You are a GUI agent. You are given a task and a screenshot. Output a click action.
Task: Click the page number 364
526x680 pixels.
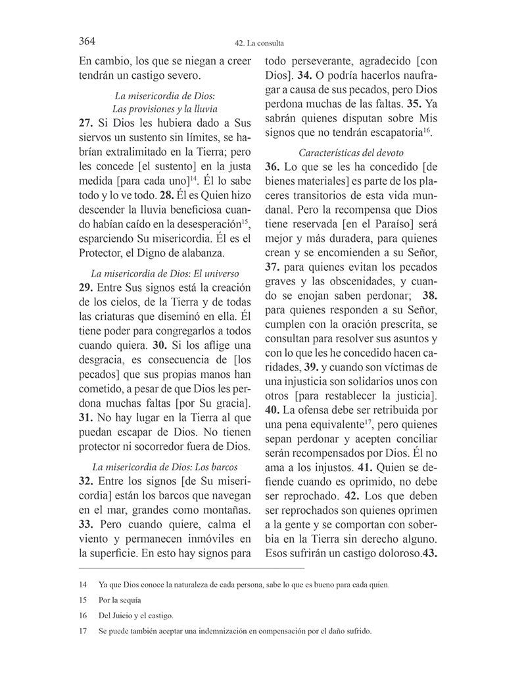87,41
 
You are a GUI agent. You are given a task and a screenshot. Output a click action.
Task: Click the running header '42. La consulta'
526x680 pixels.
262,45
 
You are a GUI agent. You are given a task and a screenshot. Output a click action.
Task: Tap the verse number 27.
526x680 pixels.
86,123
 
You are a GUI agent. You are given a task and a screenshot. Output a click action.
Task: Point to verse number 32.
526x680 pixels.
86,482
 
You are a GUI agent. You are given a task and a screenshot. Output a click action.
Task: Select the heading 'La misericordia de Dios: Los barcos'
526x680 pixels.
164,467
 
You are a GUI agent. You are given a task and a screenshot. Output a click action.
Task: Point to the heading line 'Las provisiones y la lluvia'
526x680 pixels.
164,108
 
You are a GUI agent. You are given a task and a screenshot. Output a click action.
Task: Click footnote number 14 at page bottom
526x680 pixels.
82,585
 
